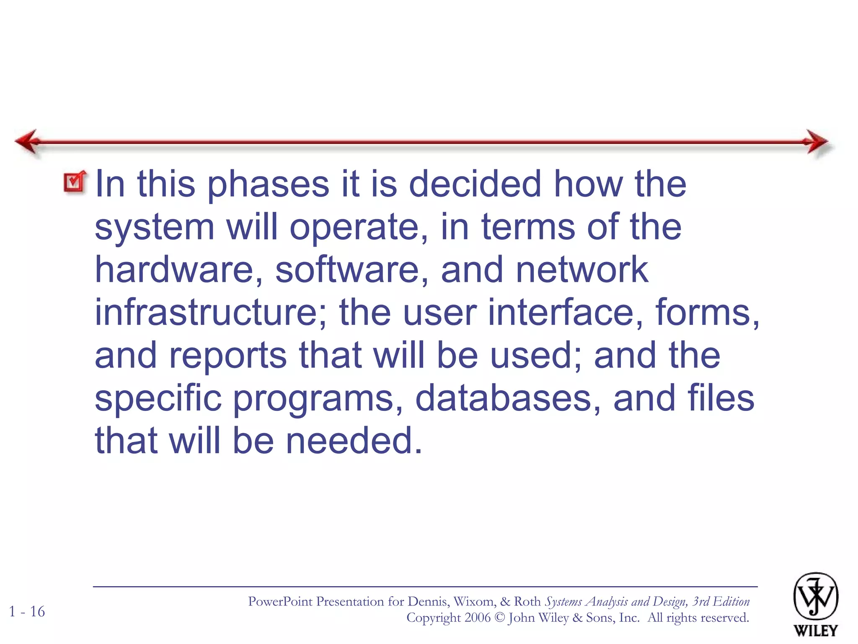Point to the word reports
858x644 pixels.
point(228,356)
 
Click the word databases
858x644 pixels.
point(508,398)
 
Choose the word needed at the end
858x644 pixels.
point(354,441)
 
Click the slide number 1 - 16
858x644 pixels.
point(27,612)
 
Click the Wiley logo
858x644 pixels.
point(815,604)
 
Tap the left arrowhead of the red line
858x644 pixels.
point(28,142)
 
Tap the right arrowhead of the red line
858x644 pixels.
point(817,142)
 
